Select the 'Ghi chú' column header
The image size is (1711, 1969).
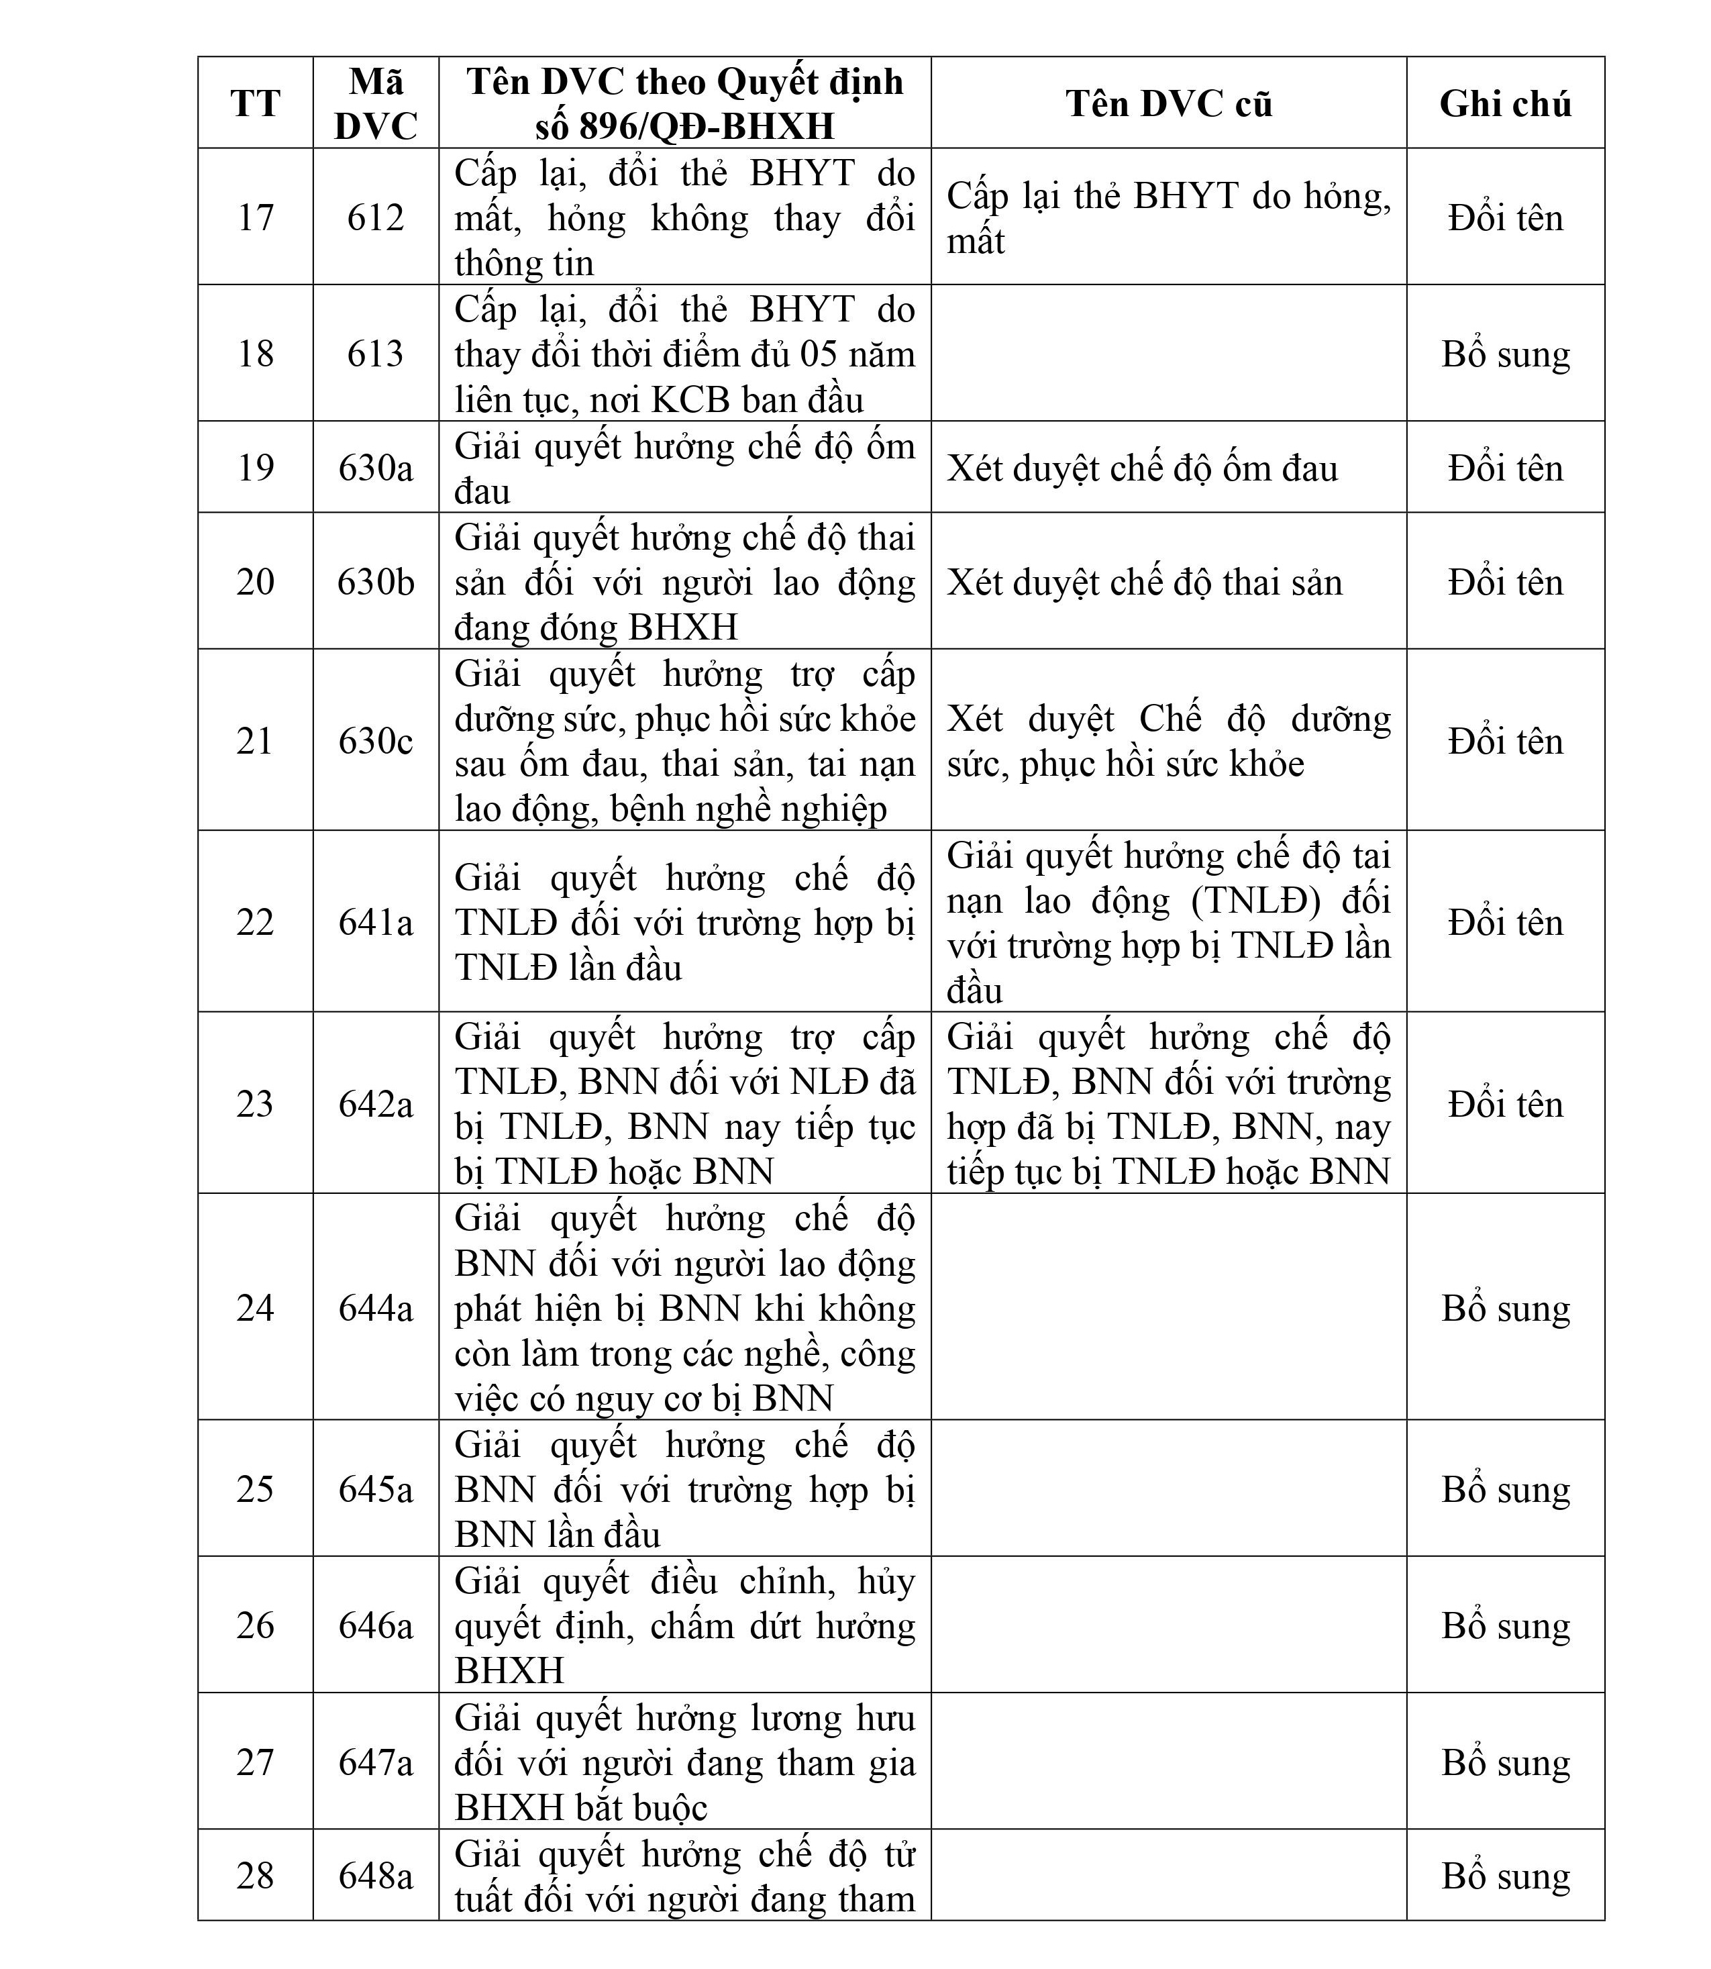click(1505, 103)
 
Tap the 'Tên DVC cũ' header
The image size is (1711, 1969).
click(1169, 103)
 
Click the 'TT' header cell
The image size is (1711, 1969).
click(255, 103)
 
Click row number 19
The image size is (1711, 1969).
click(255, 467)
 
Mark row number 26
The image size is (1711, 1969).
click(255, 1625)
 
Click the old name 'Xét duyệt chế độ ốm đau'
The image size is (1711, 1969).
click(1142, 468)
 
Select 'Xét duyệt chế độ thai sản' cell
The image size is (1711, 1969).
click(1144, 583)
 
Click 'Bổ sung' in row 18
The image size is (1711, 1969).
click(1505, 354)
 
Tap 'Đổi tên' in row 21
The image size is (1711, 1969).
click(1505, 741)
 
